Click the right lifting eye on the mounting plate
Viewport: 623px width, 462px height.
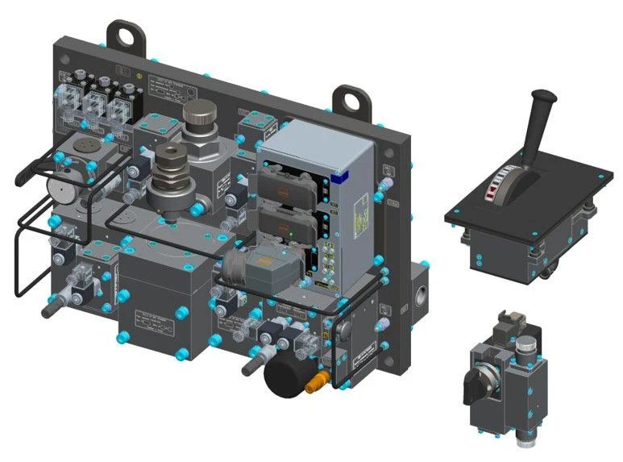[351, 100]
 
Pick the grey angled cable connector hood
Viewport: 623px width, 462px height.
[244, 269]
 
